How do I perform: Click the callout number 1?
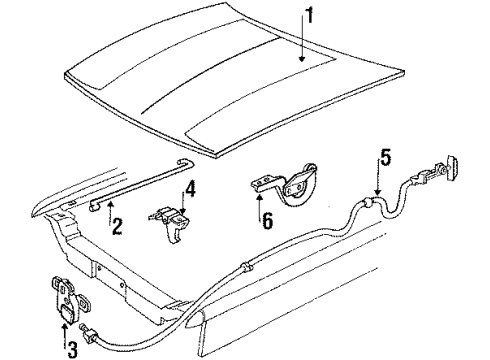[310, 15]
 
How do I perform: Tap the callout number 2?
[117, 226]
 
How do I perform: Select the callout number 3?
[73, 349]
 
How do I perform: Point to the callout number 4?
[190, 190]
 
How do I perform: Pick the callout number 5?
[385, 158]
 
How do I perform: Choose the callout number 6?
[267, 220]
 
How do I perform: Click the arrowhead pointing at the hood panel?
[302, 59]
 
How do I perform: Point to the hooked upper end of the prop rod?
[186, 162]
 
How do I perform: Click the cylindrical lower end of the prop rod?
[94, 207]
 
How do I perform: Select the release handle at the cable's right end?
[451, 166]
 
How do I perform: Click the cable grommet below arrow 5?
[368, 203]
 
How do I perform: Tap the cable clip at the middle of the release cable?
[246, 268]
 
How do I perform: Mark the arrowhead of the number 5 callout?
[377, 192]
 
